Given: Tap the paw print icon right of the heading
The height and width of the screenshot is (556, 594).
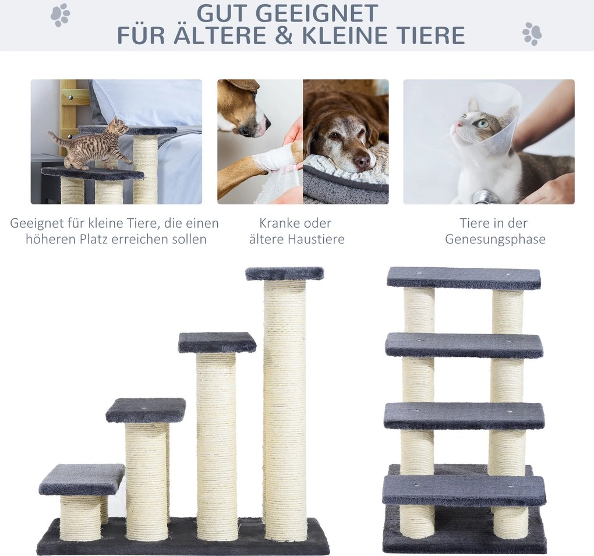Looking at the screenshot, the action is pyautogui.click(x=532, y=34).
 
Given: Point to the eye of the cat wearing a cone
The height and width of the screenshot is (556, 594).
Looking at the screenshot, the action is pyautogui.click(x=482, y=123).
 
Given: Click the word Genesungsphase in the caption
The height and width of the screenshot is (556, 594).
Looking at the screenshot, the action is pyautogui.click(x=495, y=239).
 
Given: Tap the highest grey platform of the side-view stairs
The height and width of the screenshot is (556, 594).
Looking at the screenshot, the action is pyautogui.click(x=285, y=274).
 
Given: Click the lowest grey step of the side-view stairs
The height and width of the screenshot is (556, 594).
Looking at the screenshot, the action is pyautogui.click(x=82, y=479).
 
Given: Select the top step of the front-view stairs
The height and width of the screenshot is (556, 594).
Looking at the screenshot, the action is pyautogui.click(x=464, y=278).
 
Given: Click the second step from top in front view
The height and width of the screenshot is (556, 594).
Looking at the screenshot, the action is pyautogui.click(x=464, y=346).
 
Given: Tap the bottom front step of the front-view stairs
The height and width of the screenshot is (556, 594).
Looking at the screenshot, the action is pyautogui.click(x=464, y=491).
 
